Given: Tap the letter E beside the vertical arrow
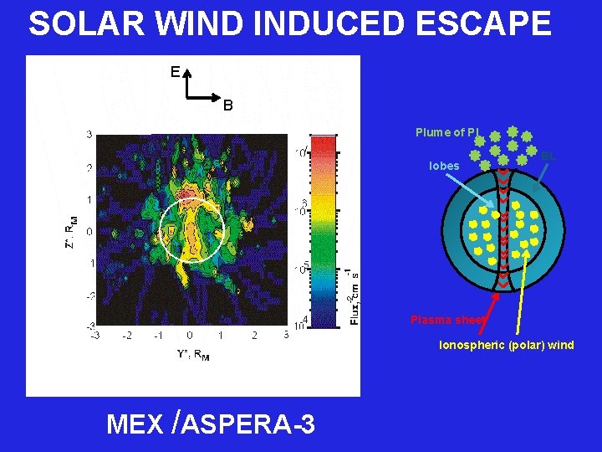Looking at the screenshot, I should (175, 73).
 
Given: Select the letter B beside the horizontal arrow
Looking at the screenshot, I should (227, 105).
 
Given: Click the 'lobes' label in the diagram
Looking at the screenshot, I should (444, 166).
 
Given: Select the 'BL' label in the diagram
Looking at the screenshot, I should (548, 156).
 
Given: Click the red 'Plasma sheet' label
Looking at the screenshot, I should (443, 320).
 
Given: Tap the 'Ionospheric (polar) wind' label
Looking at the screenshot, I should (507, 345).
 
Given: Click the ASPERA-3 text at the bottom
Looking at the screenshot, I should (247, 425).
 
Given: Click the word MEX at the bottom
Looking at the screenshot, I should (135, 425).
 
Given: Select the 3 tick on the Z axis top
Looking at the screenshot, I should (89, 134).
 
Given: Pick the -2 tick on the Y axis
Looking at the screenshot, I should (126, 336).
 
